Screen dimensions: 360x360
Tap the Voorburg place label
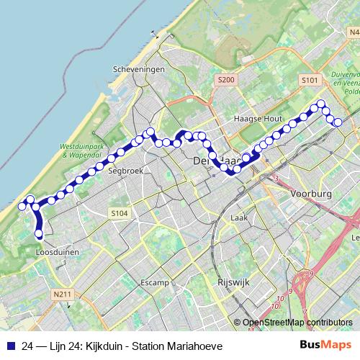[x=311, y=194]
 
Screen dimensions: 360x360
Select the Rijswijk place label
[x=233, y=283]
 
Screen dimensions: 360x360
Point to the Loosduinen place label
[x=57, y=253]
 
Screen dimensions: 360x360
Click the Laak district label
[x=239, y=217]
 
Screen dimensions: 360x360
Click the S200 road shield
[x=225, y=79]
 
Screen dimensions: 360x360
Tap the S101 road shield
[x=310, y=79]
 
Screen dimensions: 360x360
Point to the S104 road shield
[x=119, y=213]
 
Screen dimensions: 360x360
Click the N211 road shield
[x=62, y=294]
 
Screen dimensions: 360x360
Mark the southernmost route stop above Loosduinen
[x=39, y=233]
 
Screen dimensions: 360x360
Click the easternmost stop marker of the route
[x=338, y=122]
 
